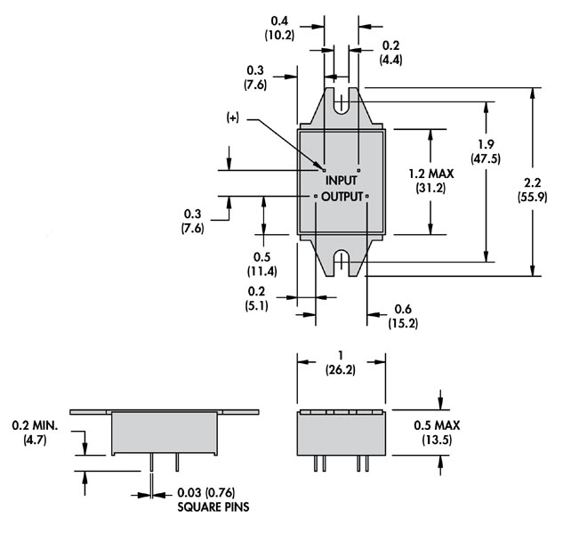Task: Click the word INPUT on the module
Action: tap(342, 181)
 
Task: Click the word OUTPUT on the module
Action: tap(342, 197)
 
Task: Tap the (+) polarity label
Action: tap(233, 117)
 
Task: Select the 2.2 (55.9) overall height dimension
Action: tap(532, 190)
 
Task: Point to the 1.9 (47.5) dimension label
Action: tap(486, 151)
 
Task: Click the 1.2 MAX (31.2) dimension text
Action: tap(430, 181)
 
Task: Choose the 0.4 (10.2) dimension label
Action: tap(279, 28)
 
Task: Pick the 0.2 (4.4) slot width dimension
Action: tap(390, 53)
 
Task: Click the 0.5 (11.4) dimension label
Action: tap(261, 264)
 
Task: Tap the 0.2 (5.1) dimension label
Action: tap(256, 298)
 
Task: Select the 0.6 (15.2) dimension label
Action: tap(403, 316)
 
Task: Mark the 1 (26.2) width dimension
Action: tap(341, 363)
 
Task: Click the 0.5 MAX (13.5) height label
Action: tap(437, 433)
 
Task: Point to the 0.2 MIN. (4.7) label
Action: tap(35, 433)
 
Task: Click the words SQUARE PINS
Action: tap(213, 507)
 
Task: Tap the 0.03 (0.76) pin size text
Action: tap(206, 492)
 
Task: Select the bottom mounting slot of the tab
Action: tap(341, 263)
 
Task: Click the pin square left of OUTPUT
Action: tap(316, 197)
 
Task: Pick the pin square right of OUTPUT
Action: tap(367, 197)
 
